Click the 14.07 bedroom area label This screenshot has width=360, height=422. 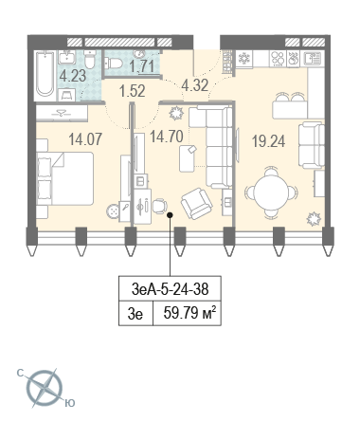[x=85, y=139]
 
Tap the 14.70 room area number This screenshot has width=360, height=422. [x=167, y=137]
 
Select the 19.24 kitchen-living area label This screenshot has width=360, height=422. [x=268, y=141]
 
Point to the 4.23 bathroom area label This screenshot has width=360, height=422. [x=73, y=76]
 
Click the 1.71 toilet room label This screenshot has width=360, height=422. [x=142, y=66]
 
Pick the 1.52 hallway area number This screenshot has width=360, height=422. [x=132, y=91]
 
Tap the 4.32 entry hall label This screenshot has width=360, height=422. [x=195, y=85]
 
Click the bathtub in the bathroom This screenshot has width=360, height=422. [x=45, y=74]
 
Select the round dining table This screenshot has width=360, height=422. [x=271, y=193]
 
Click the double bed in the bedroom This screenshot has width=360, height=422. [x=65, y=178]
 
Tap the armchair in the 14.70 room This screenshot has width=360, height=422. [x=197, y=204]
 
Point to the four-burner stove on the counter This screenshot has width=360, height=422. [x=278, y=59]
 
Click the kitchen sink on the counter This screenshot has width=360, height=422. [x=313, y=59]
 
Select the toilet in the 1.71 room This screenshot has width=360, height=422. [x=114, y=63]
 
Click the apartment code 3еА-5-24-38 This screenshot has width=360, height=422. [x=171, y=289]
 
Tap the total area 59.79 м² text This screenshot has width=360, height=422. [x=189, y=313]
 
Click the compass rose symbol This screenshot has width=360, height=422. [x=45, y=388]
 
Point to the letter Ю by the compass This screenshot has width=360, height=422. [x=70, y=403]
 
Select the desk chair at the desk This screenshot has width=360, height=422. [x=160, y=206]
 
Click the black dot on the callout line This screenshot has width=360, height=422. [x=170, y=215]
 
